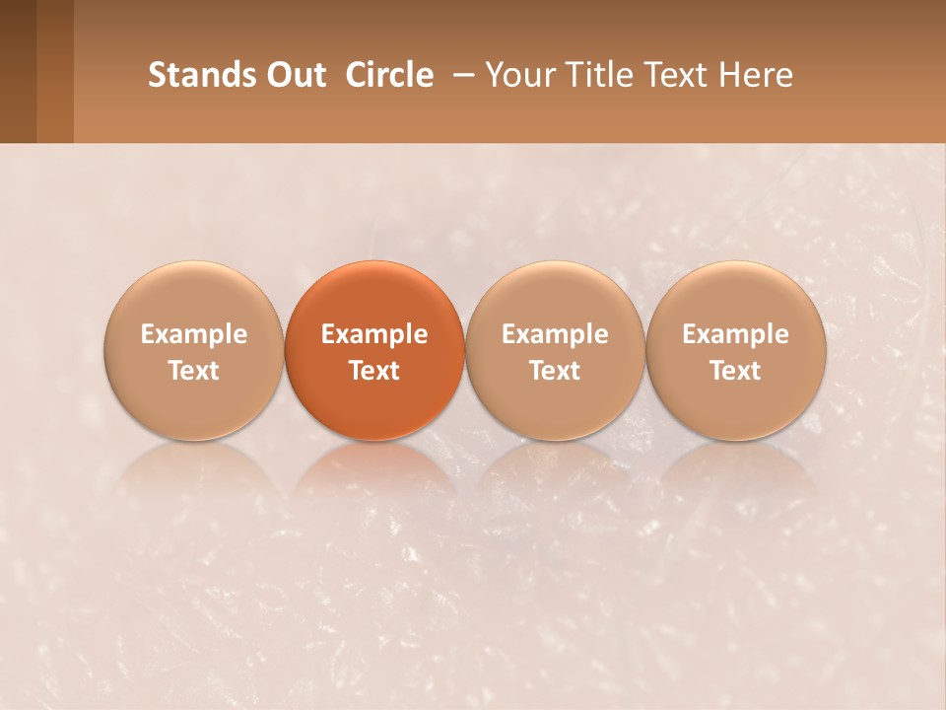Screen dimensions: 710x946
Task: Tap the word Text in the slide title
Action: point(674,75)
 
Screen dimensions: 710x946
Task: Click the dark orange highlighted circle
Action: point(374,351)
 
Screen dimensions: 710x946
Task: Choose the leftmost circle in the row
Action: point(194,351)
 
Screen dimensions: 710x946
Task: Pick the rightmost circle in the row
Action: point(736,351)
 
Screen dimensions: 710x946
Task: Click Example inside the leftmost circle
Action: point(194,334)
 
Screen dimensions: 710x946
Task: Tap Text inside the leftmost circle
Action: point(194,371)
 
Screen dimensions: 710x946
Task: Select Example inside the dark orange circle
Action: point(374,334)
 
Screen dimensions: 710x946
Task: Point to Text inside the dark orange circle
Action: point(374,371)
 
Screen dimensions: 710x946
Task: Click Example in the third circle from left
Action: point(555,334)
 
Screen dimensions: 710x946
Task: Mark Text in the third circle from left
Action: point(555,371)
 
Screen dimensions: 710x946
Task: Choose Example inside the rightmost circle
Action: point(736,334)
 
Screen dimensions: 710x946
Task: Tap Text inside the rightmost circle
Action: point(736,371)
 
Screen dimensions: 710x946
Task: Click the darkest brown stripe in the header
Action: point(18,71)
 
